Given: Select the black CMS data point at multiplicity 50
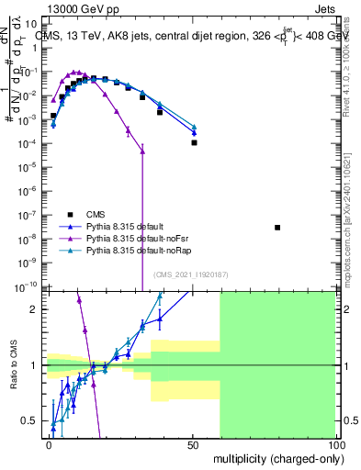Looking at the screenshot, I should point(194,143).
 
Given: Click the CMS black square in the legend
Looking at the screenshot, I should point(70,211).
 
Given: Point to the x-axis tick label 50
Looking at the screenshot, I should point(192,443).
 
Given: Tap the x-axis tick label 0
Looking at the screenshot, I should point(49,443).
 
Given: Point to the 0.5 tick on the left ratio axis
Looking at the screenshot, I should point(33,421).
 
